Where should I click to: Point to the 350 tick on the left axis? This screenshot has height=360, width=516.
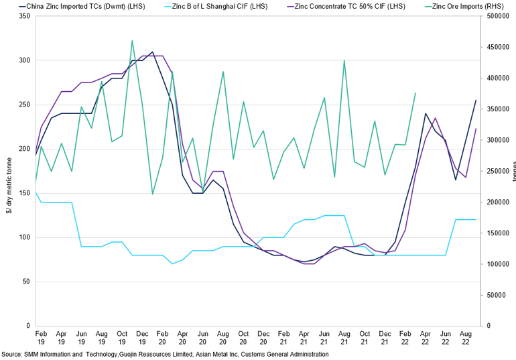pyautogui.click(x=24, y=15)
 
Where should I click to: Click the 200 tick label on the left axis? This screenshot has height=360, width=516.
pyautogui.click(x=24, y=149)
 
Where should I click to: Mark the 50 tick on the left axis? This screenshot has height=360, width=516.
pyautogui.click(x=26, y=282)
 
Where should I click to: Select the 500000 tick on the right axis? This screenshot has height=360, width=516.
pyautogui.click(x=497, y=15)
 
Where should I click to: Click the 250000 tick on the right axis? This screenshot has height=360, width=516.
pyautogui.click(x=497, y=171)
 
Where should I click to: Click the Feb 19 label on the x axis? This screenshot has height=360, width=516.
pyautogui.click(x=40, y=337)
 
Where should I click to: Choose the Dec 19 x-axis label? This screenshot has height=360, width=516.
pyautogui.click(x=142, y=337)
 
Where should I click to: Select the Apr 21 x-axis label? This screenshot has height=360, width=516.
pyautogui.click(x=304, y=337)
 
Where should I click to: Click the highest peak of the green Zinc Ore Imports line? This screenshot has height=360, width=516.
pyautogui.click(x=132, y=41)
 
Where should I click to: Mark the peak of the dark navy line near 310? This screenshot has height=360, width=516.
pyautogui.click(x=152, y=52)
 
